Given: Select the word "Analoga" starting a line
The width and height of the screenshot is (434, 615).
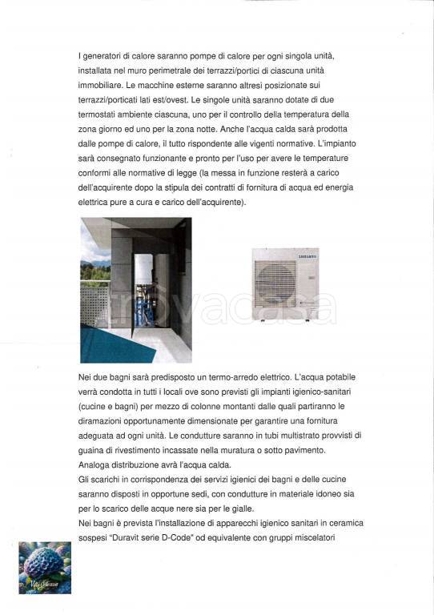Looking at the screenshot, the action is [x=95, y=465].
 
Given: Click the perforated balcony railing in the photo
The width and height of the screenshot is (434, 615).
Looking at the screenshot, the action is [x=94, y=308].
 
